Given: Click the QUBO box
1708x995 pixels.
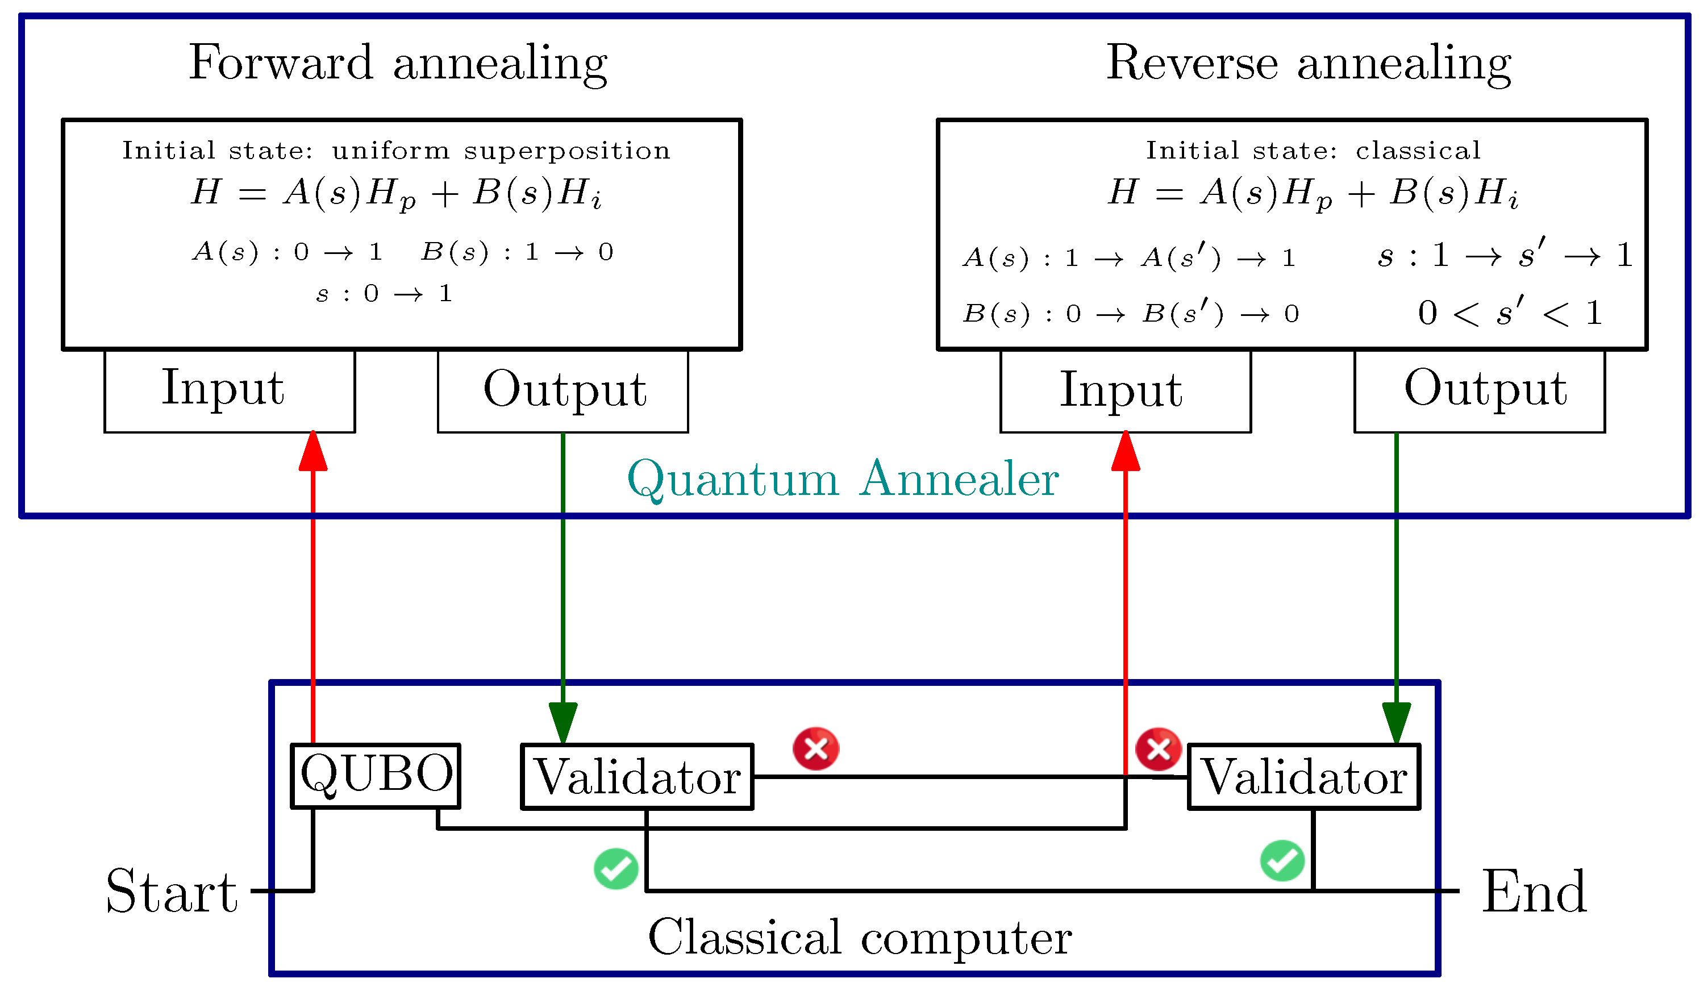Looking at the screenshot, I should [x=376, y=776].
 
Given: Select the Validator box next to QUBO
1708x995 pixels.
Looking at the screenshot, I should [x=636, y=777].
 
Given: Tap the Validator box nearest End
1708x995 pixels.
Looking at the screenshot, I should [x=1303, y=777].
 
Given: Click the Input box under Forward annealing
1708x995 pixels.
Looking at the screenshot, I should [x=229, y=391].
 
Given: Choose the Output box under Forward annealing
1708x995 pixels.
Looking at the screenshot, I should [x=563, y=391].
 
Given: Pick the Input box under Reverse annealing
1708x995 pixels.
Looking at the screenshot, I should [x=1125, y=391].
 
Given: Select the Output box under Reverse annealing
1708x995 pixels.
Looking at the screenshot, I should [x=1479, y=391].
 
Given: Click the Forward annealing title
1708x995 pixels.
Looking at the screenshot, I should [x=398, y=63].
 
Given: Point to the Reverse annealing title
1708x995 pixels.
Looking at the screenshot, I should [x=1308, y=63].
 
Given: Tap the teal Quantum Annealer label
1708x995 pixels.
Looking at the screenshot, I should [x=843, y=479].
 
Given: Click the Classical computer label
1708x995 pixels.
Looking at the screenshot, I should [x=860, y=938].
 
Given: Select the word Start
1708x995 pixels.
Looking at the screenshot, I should [x=172, y=892].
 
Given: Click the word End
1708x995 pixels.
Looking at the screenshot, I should [x=1534, y=892].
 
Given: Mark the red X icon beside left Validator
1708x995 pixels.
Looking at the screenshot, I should [x=816, y=749].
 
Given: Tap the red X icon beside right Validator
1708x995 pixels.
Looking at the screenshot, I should [x=1159, y=749].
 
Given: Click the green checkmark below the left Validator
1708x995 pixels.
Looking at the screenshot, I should [x=615, y=868].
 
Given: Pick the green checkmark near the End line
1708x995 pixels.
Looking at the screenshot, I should [x=1282, y=861].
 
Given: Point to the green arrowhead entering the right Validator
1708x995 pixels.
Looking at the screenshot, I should [x=1396, y=723].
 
